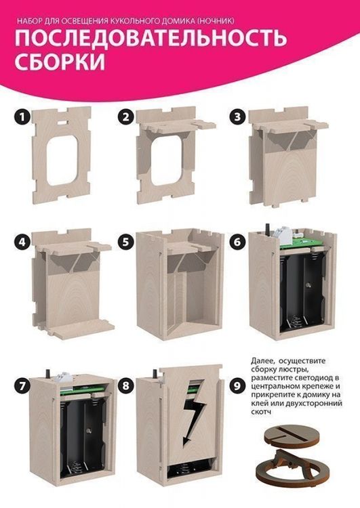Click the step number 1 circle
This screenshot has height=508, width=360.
point(22,117)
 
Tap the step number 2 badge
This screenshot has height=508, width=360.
point(126,117)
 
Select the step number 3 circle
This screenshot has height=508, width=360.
point(238,117)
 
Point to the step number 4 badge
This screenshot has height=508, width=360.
point(22,242)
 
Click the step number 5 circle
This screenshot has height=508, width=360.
point(126,242)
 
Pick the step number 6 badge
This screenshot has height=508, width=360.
point(238,242)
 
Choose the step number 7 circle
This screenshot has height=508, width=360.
point(22,386)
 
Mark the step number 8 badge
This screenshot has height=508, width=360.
point(126,386)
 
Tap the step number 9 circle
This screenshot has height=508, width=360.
point(238,386)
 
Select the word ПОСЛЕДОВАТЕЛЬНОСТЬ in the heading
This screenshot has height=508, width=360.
point(151,38)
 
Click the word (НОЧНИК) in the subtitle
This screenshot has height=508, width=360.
point(216,22)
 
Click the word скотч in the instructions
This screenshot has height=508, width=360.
point(261,412)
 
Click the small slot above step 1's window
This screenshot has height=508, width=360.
point(62,123)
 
